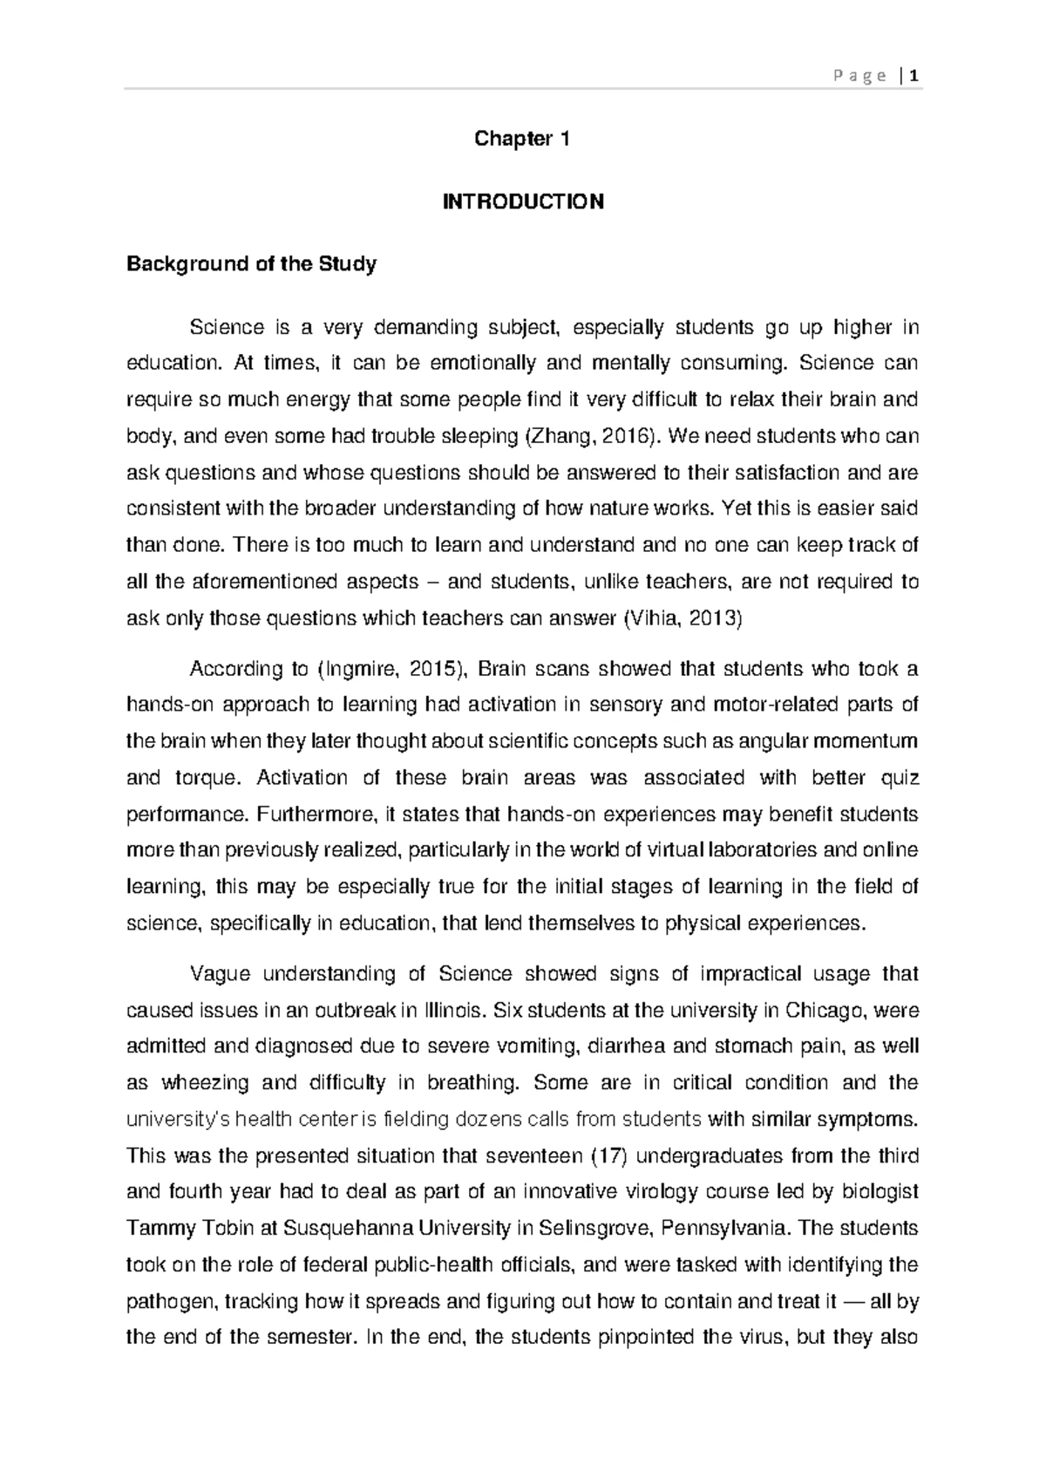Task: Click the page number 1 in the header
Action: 914,76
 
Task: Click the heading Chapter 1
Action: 522,139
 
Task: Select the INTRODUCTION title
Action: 523,201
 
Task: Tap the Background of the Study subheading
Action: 251,263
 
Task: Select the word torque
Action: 198,778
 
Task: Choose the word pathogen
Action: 171,1302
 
